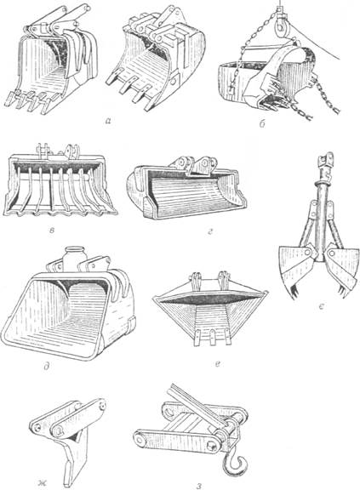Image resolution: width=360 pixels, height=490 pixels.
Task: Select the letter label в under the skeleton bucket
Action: click(52, 231)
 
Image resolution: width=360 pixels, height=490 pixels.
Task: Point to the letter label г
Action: click(210, 231)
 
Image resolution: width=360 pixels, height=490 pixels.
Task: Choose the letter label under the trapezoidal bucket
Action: click(219, 363)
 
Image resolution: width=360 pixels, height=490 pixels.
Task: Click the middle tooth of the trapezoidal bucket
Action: click(213, 337)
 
